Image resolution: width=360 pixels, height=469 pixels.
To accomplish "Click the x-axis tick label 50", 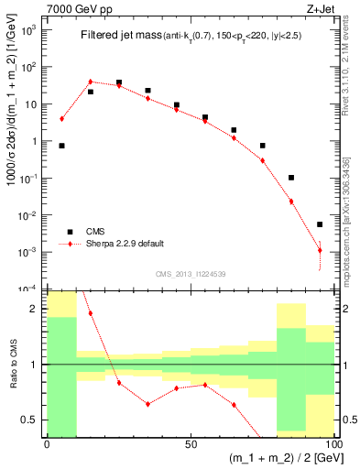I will point(191,443).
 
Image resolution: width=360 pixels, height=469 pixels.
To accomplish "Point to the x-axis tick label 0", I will point(47,443).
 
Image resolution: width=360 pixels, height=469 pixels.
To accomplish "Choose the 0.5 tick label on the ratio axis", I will point(29,420).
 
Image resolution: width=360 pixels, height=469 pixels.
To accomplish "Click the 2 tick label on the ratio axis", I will point(35,309).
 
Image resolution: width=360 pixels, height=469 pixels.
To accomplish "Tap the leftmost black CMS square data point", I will point(61,146).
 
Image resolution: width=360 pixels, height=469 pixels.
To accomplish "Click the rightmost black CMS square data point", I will point(320,224).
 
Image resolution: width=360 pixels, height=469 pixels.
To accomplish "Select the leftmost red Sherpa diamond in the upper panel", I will point(61,118).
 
